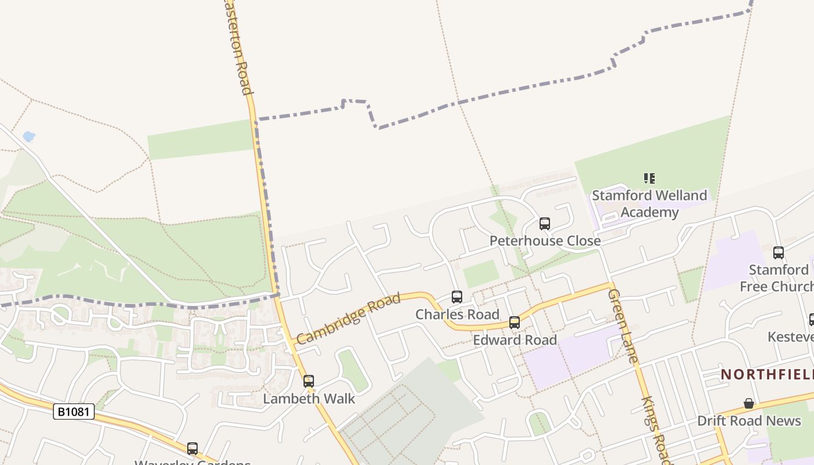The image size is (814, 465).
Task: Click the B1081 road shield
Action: tap(74, 412)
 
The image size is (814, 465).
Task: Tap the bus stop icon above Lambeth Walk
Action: tap(309, 381)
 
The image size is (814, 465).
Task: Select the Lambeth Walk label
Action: tap(309, 399)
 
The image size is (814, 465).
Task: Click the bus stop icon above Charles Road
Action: tap(457, 297)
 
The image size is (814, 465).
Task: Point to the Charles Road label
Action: tap(457, 314)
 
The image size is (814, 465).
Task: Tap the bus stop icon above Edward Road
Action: tap(515, 322)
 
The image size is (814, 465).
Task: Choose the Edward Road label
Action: tap(515, 339)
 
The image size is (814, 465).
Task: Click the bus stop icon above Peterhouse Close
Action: tap(545, 223)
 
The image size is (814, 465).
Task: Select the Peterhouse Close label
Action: tap(545, 241)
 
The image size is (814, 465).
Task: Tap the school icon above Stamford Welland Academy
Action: tap(649, 178)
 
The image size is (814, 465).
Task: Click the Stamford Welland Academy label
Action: tap(649, 203)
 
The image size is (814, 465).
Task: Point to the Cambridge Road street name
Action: tap(348, 319)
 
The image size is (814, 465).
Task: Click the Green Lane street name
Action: tap(623, 325)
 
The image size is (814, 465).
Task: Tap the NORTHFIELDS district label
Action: tap(767, 374)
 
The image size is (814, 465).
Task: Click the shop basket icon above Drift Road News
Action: tap(749, 403)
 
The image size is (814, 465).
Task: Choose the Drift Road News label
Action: tap(749, 421)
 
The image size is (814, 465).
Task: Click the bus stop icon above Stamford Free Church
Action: tap(779, 253)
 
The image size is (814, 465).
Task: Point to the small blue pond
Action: tap(28, 137)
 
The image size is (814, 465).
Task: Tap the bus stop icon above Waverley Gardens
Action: tap(192, 449)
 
